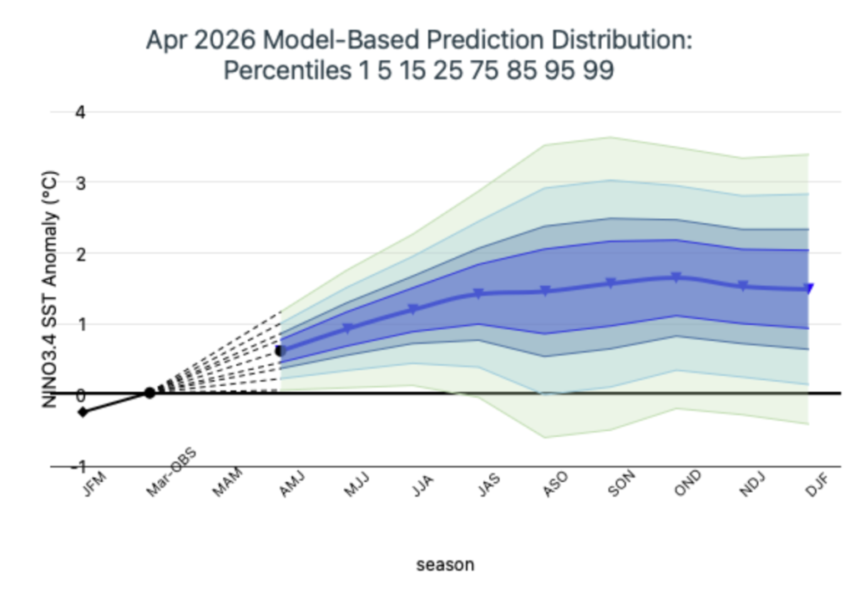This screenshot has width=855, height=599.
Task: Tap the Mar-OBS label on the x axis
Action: tap(171, 473)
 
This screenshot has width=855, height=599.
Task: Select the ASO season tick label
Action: tap(555, 484)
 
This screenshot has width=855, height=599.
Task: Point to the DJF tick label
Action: tap(817, 485)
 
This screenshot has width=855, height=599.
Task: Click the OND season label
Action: tap(687, 484)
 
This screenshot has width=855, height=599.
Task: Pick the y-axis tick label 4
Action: tap(81, 113)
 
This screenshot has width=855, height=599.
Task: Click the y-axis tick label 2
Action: tap(81, 254)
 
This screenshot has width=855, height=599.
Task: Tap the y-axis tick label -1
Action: tap(78, 466)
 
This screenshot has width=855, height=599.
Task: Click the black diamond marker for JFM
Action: tap(83, 412)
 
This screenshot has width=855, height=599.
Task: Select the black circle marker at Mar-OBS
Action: tap(149, 393)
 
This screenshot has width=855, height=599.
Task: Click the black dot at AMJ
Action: tap(281, 351)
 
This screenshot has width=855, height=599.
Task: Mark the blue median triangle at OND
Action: tap(676, 277)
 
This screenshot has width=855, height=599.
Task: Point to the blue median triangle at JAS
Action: tap(478, 293)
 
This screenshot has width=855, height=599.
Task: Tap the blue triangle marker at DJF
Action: tap(809, 288)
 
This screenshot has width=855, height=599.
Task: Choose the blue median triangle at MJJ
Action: tap(347, 327)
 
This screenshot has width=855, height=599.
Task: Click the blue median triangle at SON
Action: tap(610, 282)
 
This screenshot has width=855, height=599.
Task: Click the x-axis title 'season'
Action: tap(445, 565)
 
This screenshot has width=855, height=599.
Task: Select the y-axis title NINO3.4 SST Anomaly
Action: tap(49, 290)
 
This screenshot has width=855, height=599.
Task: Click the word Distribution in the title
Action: tap(621, 40)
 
